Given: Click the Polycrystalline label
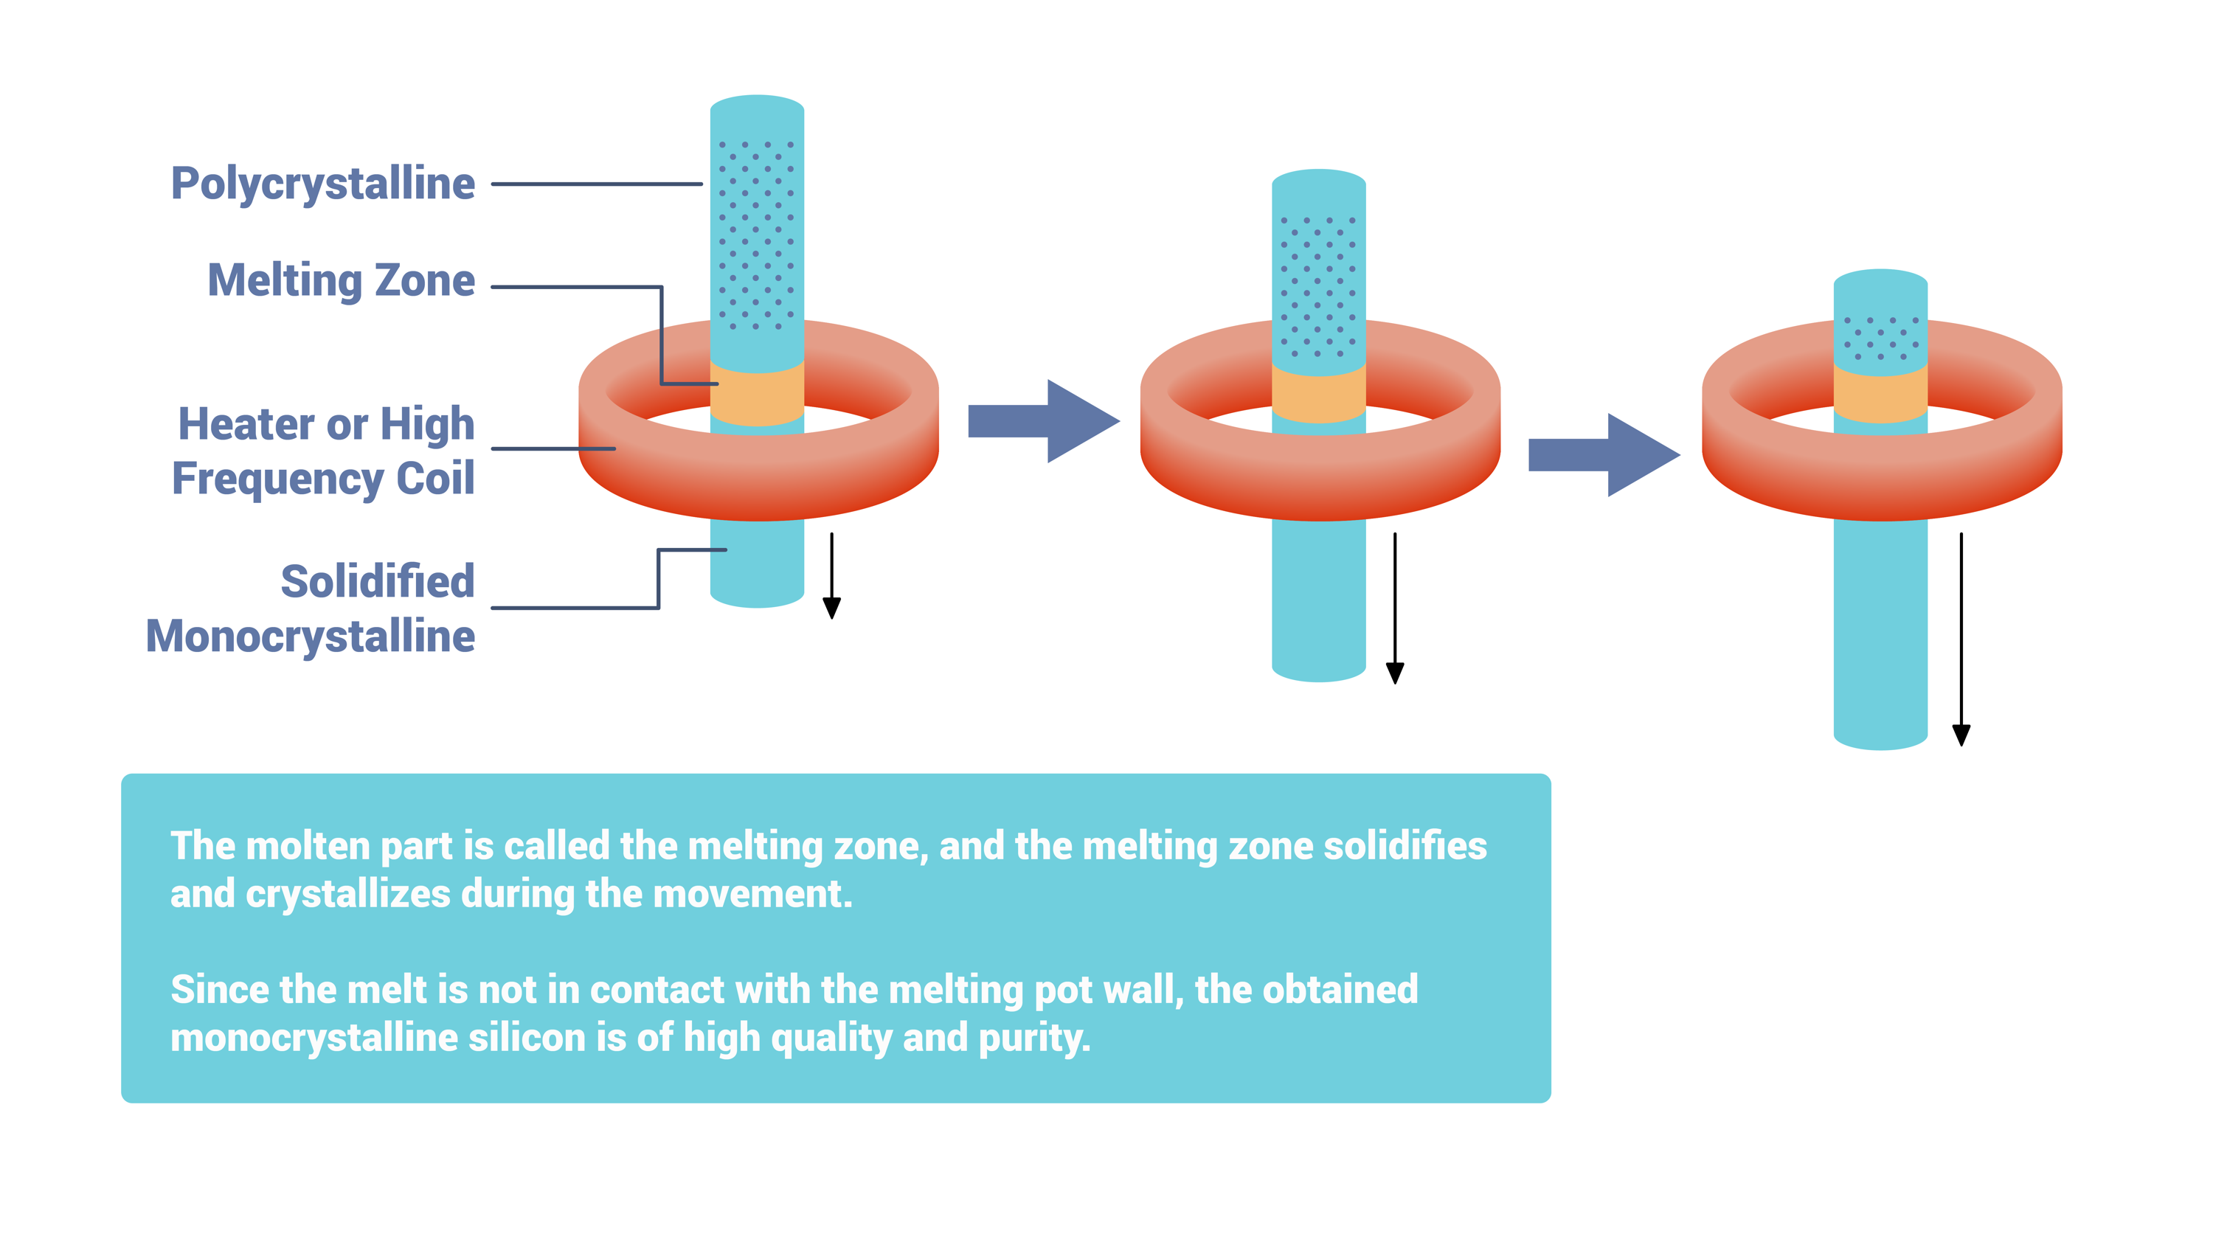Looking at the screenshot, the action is [323, 184].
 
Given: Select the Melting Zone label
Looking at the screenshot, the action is [341, 281].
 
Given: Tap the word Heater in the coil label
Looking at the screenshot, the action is [246, 423].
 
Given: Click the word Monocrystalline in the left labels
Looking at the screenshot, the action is [310, 636].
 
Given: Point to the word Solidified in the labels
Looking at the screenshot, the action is [378, 581].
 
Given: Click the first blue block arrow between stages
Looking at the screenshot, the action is [1044, 421].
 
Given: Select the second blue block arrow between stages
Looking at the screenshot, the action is [1604, 455].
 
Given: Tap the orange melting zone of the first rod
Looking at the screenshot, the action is [757, 394].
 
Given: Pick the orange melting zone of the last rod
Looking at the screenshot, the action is [1880, 394].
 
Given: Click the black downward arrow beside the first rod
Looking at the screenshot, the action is [831, 576].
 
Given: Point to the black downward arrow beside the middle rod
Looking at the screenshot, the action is [1395, 608].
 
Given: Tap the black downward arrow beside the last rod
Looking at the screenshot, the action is [1961, 639].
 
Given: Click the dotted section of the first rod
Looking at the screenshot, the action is [757, 235].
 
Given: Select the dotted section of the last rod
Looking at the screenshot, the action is [1881, 339].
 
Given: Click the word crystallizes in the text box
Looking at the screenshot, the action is [348, 895].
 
